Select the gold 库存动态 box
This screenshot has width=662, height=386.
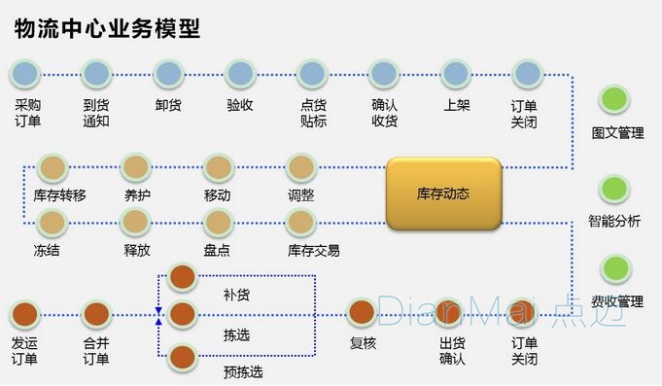tap(443, 193)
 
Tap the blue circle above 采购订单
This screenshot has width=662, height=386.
tap(26, 73)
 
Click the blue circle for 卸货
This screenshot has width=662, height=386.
tap(168, 73)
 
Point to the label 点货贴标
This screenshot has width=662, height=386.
tap(313, 113)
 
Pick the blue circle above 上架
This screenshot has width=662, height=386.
tap(456, 73)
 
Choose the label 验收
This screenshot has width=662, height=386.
tap(240, 105)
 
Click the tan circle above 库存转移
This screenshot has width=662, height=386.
tap(52, 167)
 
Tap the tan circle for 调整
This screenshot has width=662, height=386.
tap(301, 167)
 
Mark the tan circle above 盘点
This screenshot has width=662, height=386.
tap(219, 223)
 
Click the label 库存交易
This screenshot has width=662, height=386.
tap(314, 250)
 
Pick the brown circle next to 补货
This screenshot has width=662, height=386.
tap(183, 277)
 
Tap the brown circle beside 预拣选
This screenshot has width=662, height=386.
tap(183, 357)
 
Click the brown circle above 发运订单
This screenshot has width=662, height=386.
tap(25, 314)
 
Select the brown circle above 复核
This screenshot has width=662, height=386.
tap(362, 313)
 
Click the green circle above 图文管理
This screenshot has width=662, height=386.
tap(614, 98)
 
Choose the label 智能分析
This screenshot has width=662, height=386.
tap(614, 221)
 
